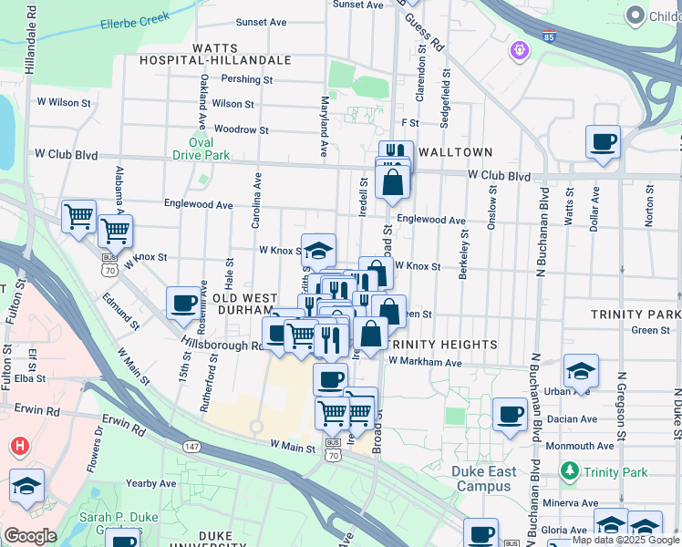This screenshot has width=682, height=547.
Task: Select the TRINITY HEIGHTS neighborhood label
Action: (x=441, y=345)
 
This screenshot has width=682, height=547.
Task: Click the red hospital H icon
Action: (x=19, y=446)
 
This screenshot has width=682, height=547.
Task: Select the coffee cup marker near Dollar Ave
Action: (x=603, y=142)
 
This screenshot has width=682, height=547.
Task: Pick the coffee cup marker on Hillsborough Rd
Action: (x=183, y=303)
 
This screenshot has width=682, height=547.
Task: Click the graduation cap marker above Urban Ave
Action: (x=581, y=370)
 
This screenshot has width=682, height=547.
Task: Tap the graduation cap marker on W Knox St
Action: (x=318, y=250)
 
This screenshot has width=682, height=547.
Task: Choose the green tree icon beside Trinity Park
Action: (x=570, y=470)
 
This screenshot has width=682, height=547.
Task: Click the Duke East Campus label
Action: (x=484, y=479)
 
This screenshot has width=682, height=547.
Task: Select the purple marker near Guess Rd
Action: (x=521, y=49)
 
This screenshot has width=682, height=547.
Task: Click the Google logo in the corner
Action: (x=29, y=536)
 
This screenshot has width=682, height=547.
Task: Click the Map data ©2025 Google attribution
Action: (x=625, y=540)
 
